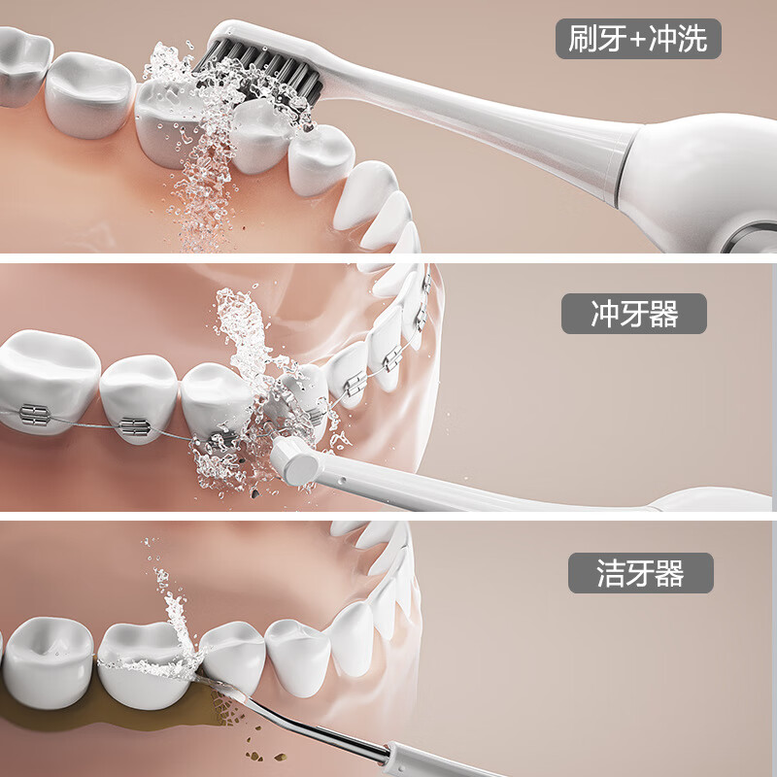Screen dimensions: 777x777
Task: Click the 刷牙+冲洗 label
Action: [638, 40]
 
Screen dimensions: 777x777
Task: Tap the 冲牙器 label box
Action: [634, 314]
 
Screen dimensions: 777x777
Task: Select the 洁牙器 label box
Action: [640, 573]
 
